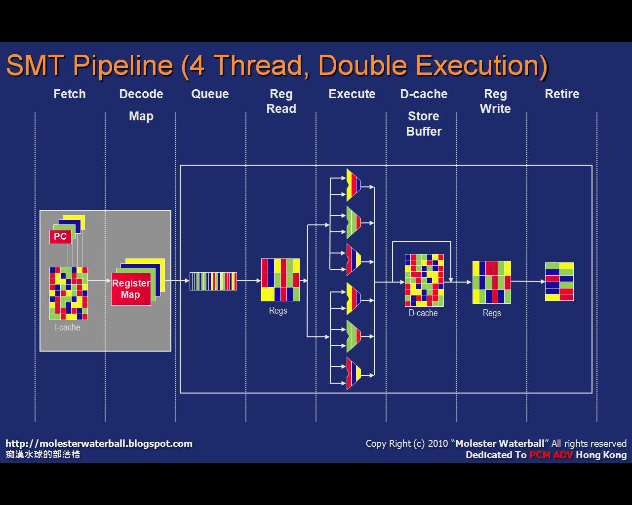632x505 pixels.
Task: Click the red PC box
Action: point(61,237)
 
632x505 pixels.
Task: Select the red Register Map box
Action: point(131,289)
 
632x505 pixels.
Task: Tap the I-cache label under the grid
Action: point(68,327)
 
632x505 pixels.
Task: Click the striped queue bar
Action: point(213,281)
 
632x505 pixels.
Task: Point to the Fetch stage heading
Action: point(70,94)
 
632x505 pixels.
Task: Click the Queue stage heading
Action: point(210,94)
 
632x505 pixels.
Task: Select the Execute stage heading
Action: point(352,94)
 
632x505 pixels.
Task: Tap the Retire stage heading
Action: point(562,94)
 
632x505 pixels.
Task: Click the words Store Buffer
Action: point(424,124)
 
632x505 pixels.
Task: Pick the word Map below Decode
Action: point(141,116)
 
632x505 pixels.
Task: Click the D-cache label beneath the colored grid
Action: point(423,313)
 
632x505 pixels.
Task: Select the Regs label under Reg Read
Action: point(278,311)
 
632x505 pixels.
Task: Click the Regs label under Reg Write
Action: point(492,313)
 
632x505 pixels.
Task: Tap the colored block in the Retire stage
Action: point(559,282)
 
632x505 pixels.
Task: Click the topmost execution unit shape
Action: point(354,185)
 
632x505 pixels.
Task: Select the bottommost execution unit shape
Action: point(354,373)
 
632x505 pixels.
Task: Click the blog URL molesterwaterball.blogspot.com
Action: point(99,443)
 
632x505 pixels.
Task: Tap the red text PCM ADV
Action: point(551,455)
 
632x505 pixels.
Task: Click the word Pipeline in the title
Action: point(123,66)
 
